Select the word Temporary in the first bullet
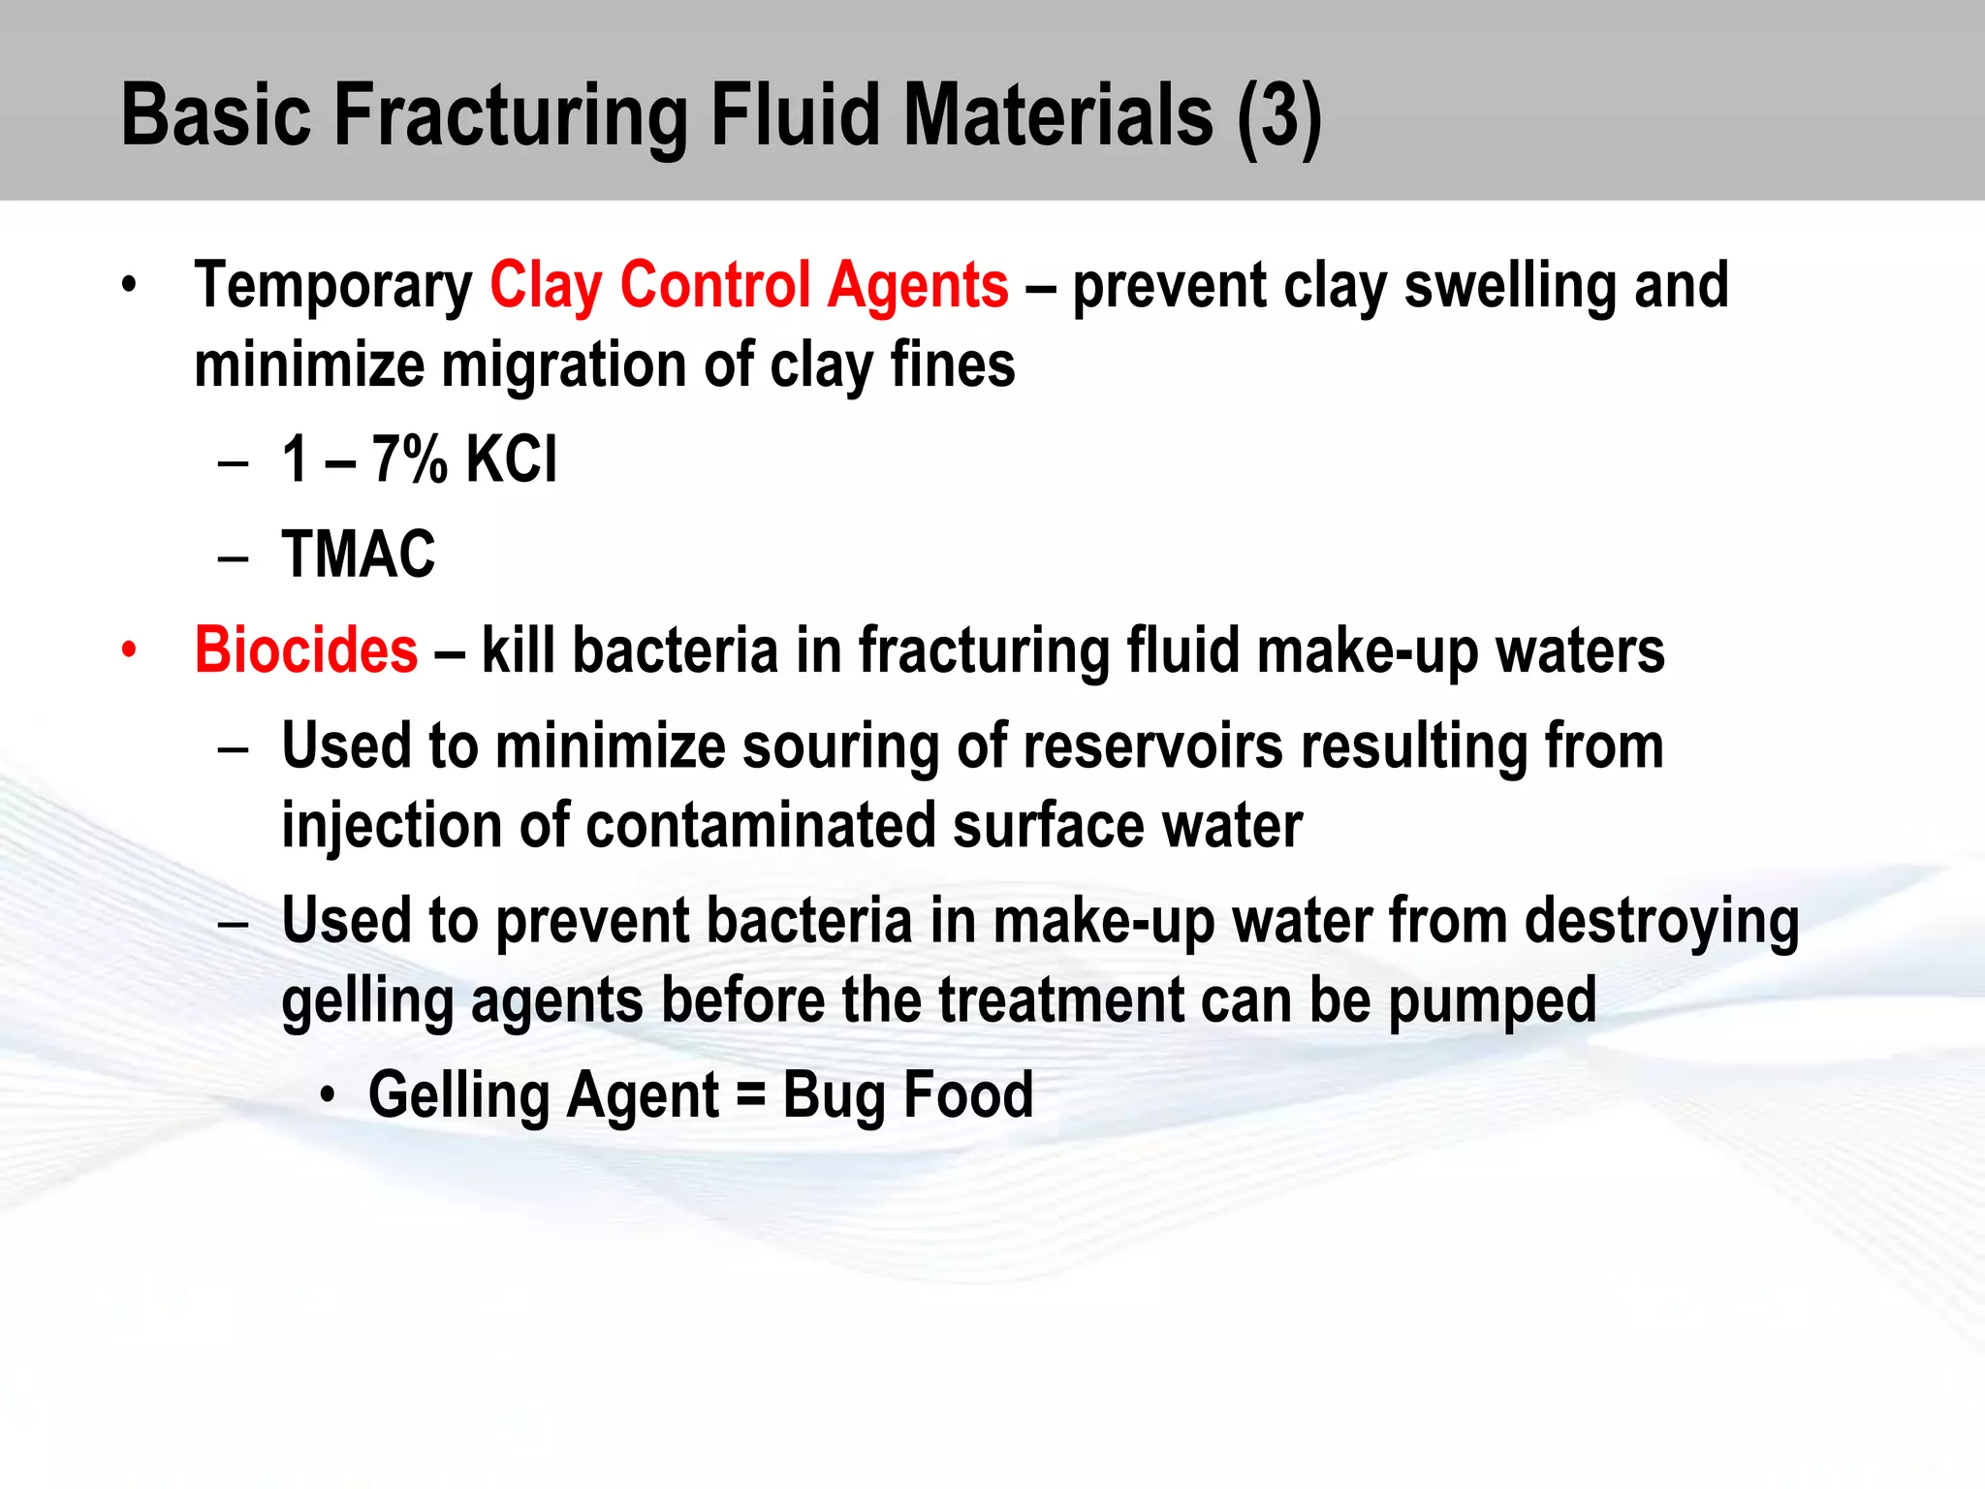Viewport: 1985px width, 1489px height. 333,287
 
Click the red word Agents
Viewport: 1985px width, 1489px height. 918,287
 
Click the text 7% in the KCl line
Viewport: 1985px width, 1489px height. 409,459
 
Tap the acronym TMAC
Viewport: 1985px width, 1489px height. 359,554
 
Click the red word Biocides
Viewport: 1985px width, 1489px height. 306,650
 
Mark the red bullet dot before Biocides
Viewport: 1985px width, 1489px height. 129,650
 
